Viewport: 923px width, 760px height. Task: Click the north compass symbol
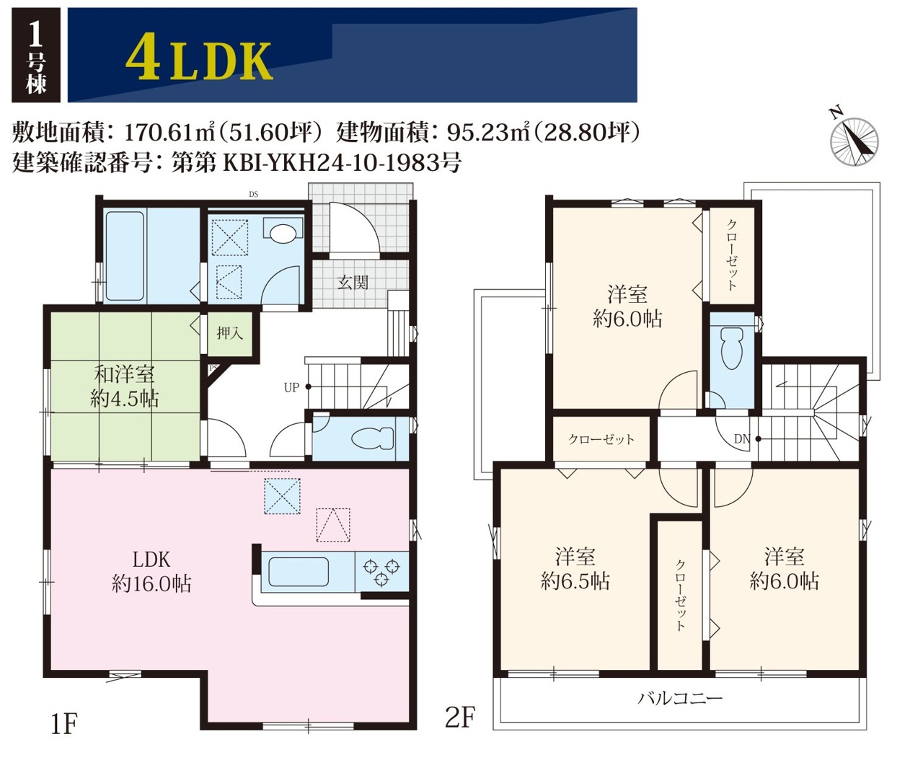click(854, 141)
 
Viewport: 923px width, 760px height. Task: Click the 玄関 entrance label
click(353, 283)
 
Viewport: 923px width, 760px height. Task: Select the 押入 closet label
click(230, 333)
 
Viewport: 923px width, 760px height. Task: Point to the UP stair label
click(291, 388)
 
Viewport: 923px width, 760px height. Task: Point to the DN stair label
click(742, 439)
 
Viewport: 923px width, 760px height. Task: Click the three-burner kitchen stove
click(381, 571)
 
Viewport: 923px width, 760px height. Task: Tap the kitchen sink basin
click(299, 572)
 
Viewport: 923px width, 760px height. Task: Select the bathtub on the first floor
click(125, 257)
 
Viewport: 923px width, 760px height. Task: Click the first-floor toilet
click(373, 438)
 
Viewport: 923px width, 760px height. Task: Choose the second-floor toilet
click(732, 348)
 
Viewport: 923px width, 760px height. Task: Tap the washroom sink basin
click(283, 233)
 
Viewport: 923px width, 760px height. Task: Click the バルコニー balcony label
click(680, 699)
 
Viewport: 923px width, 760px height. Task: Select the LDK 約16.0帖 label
click(151, 572)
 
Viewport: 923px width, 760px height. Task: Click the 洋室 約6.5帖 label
click(575, 569)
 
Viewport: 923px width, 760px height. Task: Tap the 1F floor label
click(64, 724)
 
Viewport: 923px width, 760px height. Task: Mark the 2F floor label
click(460, 717)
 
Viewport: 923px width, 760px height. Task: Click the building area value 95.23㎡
click(488, 132)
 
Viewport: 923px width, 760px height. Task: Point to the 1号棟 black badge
click(36, 55)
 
